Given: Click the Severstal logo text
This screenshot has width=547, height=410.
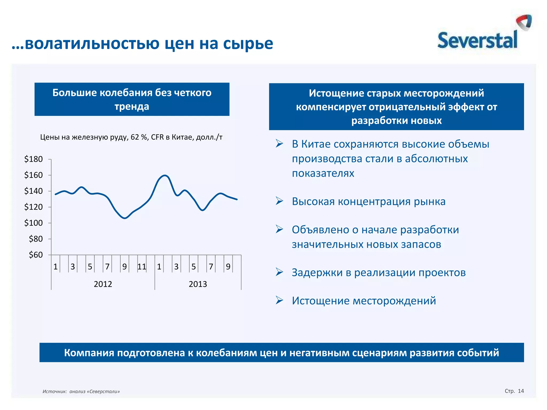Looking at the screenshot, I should (x=477, y=41).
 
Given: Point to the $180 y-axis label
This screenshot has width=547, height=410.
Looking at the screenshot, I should (x=33, y=159).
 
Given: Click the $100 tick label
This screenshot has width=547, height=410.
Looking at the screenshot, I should (x=33, y=223).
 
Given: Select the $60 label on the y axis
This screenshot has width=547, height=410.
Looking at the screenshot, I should (x=36, y=255).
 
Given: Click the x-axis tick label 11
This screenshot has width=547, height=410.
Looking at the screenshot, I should (x=142, y=267).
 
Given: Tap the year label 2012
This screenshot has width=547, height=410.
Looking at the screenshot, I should (x=103, y=284).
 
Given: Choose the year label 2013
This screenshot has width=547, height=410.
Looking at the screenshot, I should (x=198, y=284).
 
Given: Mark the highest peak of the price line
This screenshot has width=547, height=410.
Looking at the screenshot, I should (x=165, y=175).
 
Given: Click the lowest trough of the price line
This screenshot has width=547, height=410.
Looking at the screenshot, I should (x=124, y=218).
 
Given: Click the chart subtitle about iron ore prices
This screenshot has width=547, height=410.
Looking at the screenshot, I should (x=131, y=137).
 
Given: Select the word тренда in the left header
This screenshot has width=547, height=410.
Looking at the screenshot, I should (x=132, y=107).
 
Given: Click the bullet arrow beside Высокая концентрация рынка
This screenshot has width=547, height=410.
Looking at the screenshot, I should (x=279, y=201).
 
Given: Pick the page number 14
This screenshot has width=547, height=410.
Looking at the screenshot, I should (x=521, y=391).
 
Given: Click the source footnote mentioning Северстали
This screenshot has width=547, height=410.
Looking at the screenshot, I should (x=81, y=392).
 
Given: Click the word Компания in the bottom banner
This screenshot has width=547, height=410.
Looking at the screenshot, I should (x=89, y=353).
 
